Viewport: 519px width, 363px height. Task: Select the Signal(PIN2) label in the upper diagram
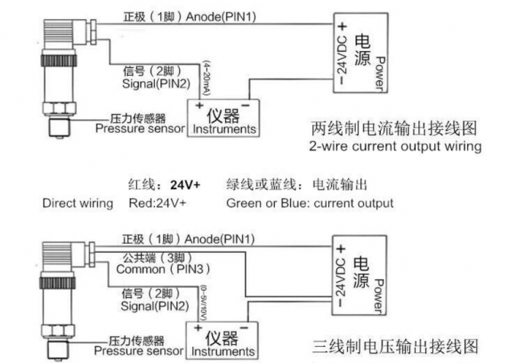[x=156, y=83]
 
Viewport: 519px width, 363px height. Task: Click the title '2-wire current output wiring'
[x=395, y=146]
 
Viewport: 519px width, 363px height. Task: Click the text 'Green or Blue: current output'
[x=310, y=203]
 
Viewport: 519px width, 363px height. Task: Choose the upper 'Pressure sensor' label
[x=140, y=128]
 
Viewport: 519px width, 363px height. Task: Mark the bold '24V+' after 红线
[x=185, y=185]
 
